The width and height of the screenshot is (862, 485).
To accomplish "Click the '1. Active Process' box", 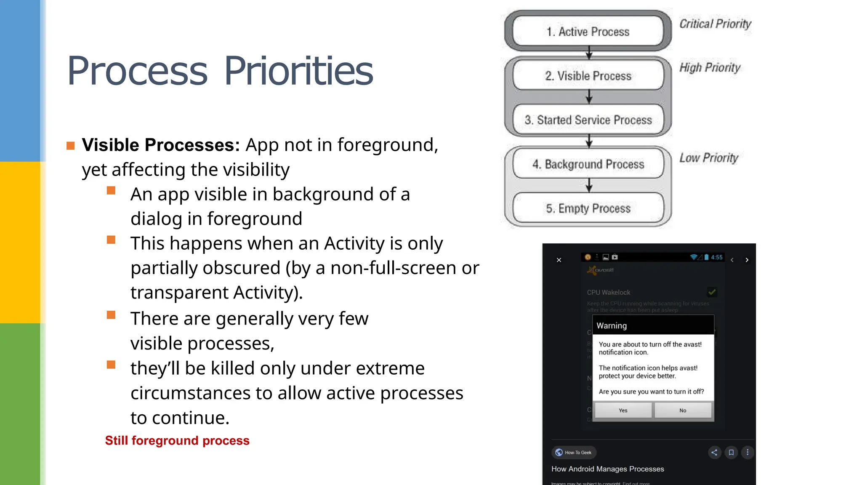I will coord(588,32).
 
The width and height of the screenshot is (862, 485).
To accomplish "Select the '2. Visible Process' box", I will coord(588,76).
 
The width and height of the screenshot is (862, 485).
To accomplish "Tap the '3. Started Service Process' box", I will coord(588,120).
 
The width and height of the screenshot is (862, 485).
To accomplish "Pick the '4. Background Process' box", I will coord(588,164).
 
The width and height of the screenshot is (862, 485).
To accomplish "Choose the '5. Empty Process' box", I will coord(588,208).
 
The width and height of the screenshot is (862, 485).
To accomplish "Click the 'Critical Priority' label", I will coord(715,24).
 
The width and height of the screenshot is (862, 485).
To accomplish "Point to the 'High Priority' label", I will coord(710,67).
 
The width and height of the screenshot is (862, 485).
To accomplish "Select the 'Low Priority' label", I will coord(709,157).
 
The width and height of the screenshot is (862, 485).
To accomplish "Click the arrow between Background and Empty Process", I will coord(589,185).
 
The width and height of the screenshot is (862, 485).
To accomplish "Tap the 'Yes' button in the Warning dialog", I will coord(623,410).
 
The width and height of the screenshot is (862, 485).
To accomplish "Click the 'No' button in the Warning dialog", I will coord(683,410).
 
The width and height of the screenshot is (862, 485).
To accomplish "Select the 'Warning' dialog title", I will coord(612,325).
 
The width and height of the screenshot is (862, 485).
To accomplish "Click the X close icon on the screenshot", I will coord(559,260).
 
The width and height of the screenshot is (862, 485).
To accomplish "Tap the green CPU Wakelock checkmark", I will coord(712,292).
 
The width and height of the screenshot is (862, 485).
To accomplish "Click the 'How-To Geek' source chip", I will coord(574,452).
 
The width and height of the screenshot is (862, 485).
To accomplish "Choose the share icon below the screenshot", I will coord(714,452).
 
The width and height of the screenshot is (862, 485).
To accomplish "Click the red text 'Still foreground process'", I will coord(177,440).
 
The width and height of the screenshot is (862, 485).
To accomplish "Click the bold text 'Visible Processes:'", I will coord(161,145).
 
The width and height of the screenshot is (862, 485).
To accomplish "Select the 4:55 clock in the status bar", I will coord(716,257).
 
